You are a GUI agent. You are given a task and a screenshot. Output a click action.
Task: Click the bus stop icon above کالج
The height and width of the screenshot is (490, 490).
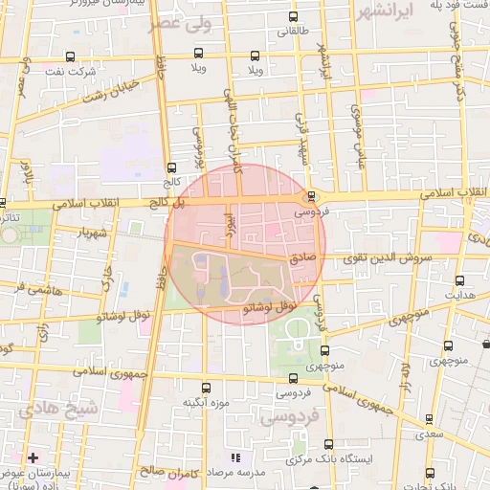(x=171, y=166)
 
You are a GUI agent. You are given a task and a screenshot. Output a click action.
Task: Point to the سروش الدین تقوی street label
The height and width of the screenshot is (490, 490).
(x=399, y=258)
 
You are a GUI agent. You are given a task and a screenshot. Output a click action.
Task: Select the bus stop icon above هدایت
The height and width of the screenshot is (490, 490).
(x=461, y=280)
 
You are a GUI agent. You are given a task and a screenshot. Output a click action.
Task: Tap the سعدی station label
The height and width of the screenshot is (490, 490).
(x=431, y=435)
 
